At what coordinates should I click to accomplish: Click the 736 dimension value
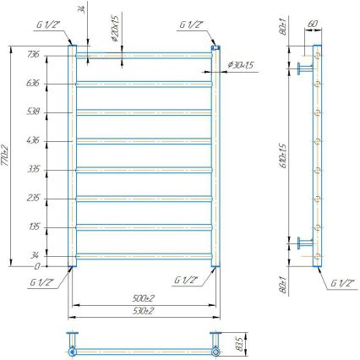click(x=34, y=54)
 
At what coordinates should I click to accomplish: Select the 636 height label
click(x=34, y=83)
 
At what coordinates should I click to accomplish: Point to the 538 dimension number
click(x=34, y=111)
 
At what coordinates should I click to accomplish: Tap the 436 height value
click(x=34, y=139)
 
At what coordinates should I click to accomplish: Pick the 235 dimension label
click(x=34, y=197)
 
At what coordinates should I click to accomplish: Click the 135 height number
click(x=34, y=226)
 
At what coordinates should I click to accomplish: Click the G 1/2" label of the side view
click(x=343, y=281)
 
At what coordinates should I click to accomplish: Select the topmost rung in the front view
click(x=144, y=55)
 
